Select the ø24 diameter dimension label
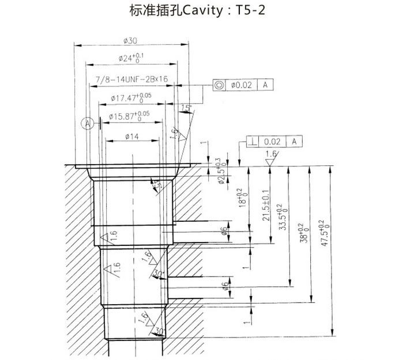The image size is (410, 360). [x=131, y=57]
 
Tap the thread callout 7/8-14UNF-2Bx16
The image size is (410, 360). [x=131, y=78]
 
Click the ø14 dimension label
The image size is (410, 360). [x=131, y=137]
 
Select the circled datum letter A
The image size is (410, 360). [x=87, y=123]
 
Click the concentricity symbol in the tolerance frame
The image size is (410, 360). [x=219, y=85]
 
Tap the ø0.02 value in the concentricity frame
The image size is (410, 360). [x=242, y=85]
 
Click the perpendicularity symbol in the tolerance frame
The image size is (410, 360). [x=252, y=141]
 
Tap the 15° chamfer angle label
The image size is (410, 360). [x=186, y=108]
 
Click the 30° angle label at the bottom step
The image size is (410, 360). [x=160, y=331]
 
